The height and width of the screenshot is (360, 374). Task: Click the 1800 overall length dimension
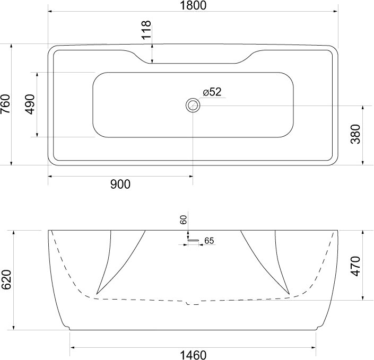(x=193, y=5)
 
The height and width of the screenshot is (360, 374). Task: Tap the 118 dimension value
(x=146, y=30)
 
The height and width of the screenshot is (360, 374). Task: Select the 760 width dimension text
(x=5, y=104)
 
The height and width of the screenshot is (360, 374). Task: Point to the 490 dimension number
(x=30, y=104)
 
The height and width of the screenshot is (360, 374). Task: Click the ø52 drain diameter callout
(x=212, y=92)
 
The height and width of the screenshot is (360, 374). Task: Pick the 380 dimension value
(x=355, y=134)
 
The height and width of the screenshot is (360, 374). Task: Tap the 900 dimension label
(x=120, y=184)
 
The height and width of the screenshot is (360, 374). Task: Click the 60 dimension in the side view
(x=183, y=219)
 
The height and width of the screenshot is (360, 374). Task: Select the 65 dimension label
(x=209, y=241)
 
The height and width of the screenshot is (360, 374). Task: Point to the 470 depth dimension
(x=355, y=266)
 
